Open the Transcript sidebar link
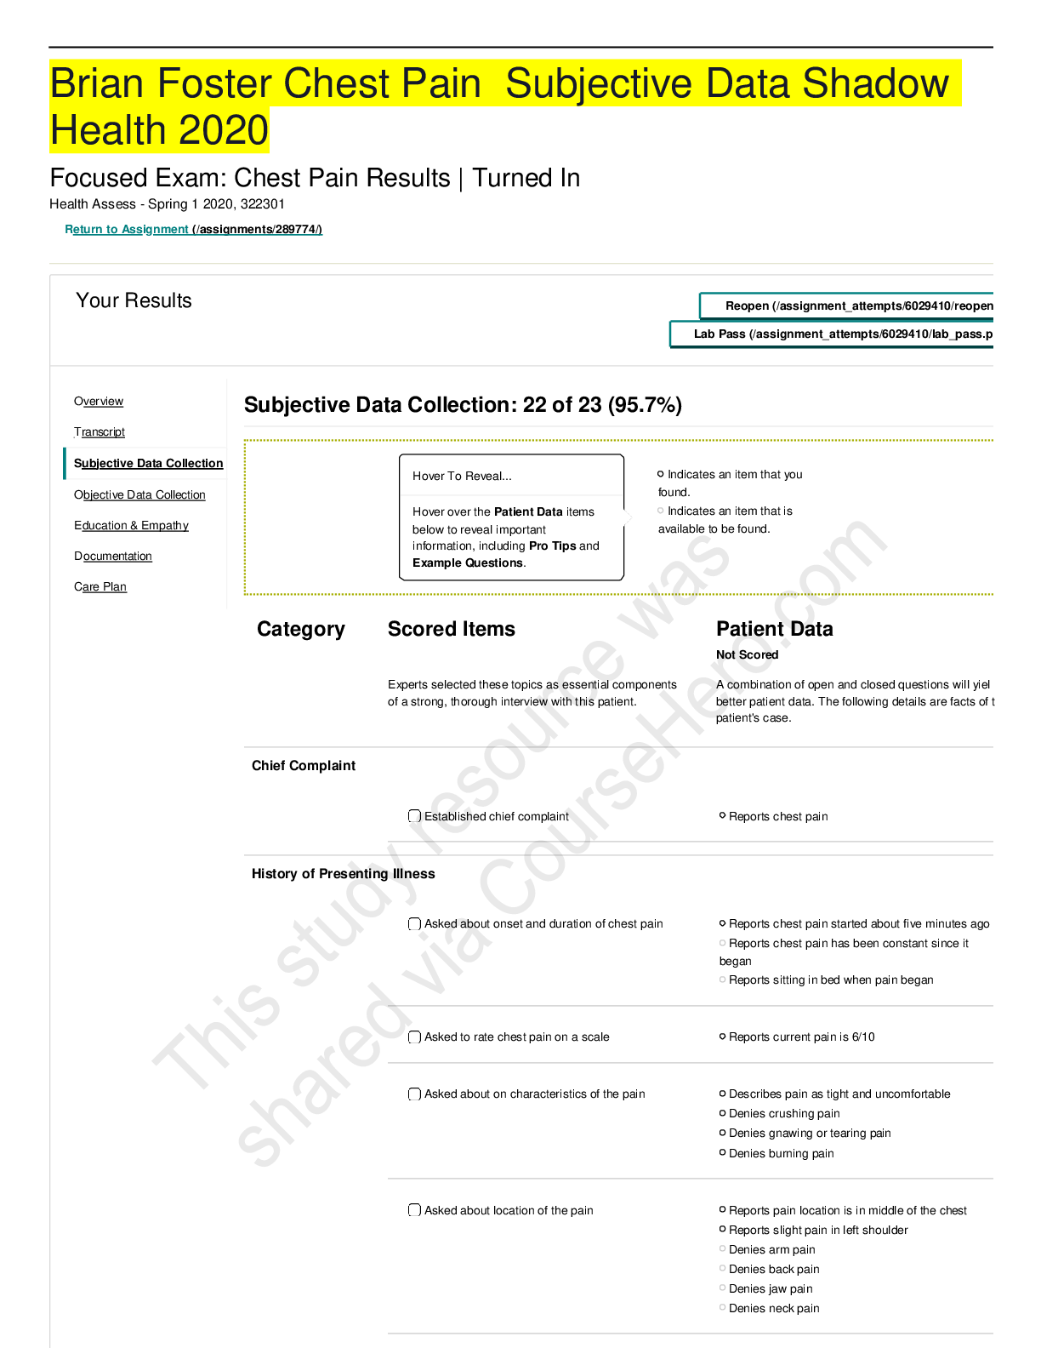pos(100,431)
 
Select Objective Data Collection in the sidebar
pos(139,494)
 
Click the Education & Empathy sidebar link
pos(131,525)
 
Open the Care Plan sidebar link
pos(100,586)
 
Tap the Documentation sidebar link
pos(113,556)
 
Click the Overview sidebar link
pos(99,401)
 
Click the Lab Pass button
pos(832,334)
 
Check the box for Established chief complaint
pos(414,816)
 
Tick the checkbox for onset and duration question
pos(414,923)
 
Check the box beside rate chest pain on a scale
pos(414,1037)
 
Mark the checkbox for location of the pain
pos(414,1209)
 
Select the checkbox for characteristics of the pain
pos(414,1094)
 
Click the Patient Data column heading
pos(775,628)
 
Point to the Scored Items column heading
pos(452,628)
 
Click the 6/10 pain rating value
pos(863,1037)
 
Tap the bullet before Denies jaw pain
pos(722,1288)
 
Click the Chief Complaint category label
pos(303,766)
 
